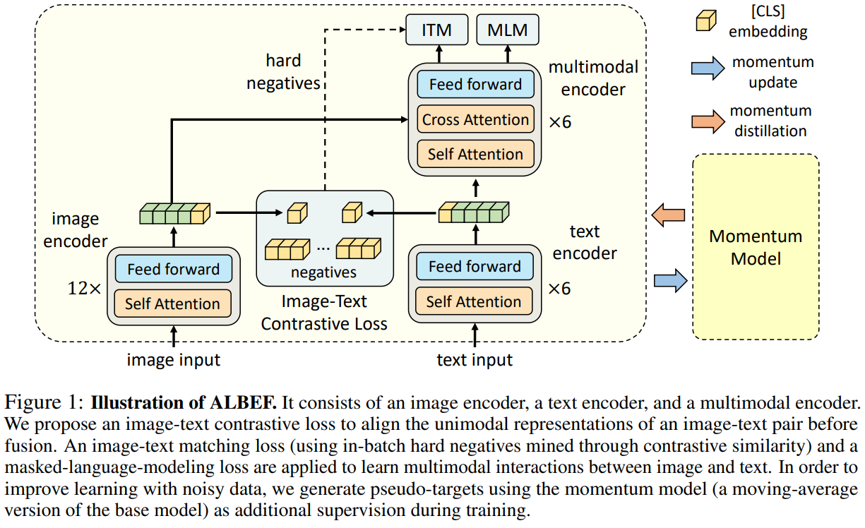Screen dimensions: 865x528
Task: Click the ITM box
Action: (437, 30)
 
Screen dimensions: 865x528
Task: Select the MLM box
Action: (508, 30)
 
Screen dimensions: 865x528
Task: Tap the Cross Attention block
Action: (475, 119)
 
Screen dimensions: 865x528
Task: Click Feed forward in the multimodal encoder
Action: (475, 84)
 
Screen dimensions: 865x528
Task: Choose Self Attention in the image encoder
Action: (172, 304)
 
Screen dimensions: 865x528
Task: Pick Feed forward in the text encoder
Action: (475, 266)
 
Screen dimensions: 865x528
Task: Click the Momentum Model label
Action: (756, 247)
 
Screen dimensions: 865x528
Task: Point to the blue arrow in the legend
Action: (708, 68)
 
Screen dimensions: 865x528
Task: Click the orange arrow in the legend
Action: (708, 121)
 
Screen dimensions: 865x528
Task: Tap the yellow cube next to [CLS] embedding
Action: (706, 20)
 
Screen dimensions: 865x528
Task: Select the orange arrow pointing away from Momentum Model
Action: (668, 215)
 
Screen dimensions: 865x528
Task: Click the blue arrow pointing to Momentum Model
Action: (671, 281)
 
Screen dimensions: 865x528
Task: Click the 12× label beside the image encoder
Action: (84, 288)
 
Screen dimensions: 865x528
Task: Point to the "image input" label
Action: (174, 360)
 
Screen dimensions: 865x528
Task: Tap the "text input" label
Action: (475, 360)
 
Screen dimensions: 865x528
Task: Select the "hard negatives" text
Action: (283, 72)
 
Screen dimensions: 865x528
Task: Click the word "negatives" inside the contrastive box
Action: (323, 272)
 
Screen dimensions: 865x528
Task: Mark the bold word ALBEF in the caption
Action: (244, 402)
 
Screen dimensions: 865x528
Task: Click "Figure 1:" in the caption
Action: (44, 402)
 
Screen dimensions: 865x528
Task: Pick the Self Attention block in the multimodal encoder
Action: (475, 154)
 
